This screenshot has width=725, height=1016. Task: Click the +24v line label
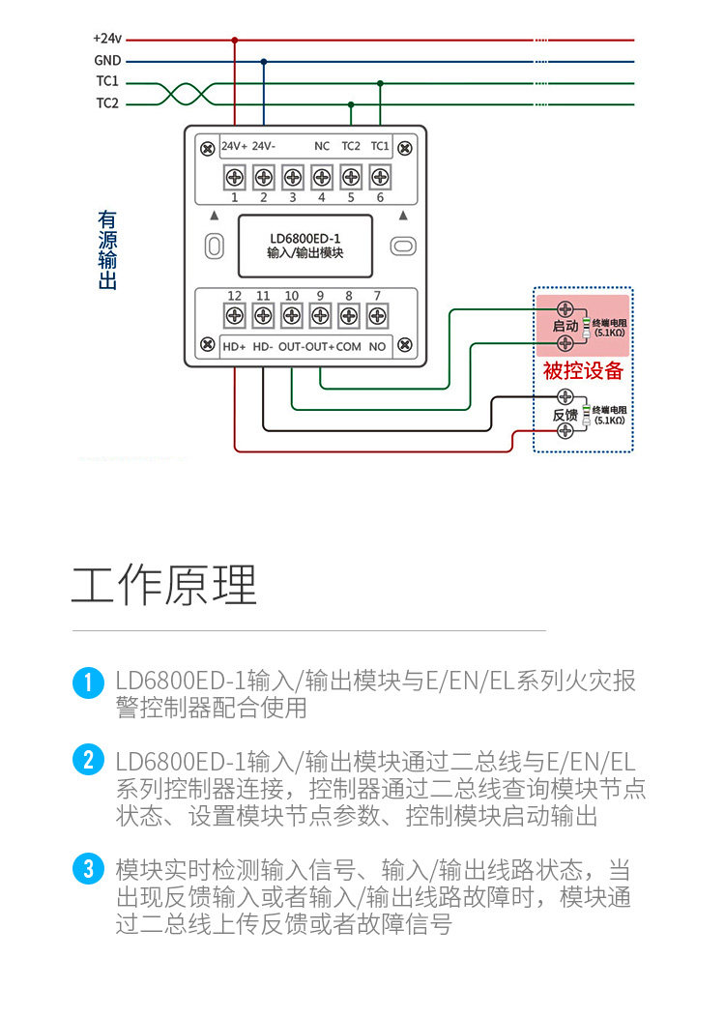(x=106, y=39)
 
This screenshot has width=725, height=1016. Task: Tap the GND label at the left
(x=107, y=60)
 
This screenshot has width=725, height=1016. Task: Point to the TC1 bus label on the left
(x=107, y=81)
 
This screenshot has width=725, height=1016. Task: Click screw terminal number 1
(x=234, y=177)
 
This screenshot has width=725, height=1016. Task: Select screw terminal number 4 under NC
(x=322, y=177)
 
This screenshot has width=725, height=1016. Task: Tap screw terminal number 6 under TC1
(x=380, y=177)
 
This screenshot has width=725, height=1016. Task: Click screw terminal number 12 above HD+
(x=234, y=314)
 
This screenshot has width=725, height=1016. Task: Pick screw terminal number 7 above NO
(x=377, y=314)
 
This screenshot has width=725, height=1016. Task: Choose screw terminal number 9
(x=320, y=314)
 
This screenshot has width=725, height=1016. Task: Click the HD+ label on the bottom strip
(x=234, y=346)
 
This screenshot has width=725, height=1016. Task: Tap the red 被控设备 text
(x=583, y=371)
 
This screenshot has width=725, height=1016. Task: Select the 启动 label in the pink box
(x=565, y=327)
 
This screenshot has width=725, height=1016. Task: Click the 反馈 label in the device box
(x=565, y=415)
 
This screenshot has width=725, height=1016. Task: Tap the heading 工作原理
(x=164, y=584)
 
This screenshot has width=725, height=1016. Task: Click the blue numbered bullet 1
(x=88, y=682)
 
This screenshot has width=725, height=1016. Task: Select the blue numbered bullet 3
(x=88, y=868)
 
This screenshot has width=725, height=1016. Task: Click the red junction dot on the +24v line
(x=234, y=40)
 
